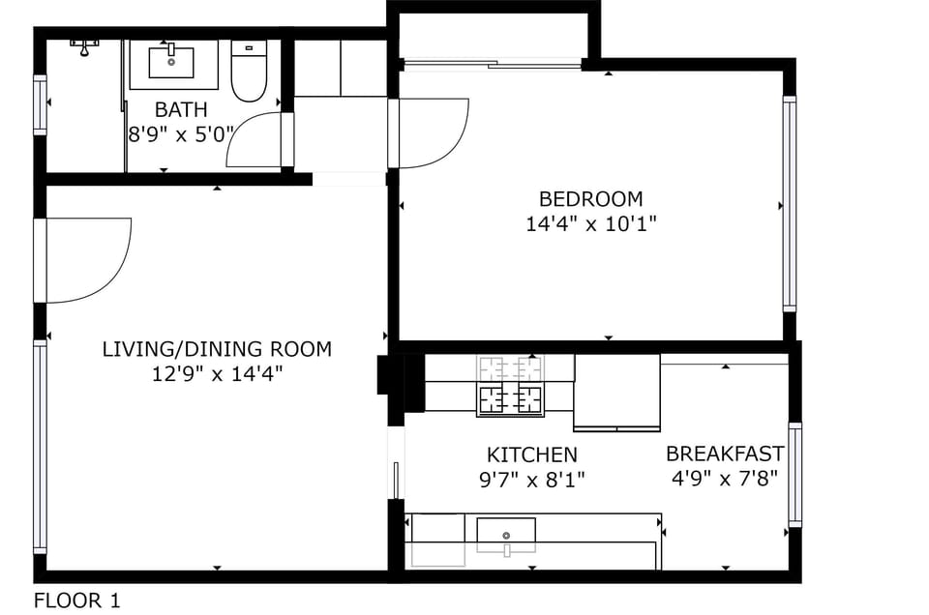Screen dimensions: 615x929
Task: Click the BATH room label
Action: click(181, 109)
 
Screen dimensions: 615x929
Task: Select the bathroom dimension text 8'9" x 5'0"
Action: click(181, 134)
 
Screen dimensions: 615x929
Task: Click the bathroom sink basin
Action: click(171, 62)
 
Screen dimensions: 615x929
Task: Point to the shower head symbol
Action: click(85, 44)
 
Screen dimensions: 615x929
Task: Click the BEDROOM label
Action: click(590, 199)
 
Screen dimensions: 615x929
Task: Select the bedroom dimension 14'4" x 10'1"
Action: click(590, 224)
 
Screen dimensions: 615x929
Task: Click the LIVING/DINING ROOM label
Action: click(217, 349)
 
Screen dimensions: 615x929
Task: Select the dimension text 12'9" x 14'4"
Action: click(217, 373)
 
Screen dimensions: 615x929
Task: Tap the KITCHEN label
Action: click(531, 454)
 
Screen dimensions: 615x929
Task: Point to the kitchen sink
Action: click(505, 534)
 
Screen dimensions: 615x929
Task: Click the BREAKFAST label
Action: click(725, 454)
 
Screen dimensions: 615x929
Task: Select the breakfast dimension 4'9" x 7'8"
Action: click(725, 478)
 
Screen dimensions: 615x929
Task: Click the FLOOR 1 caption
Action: click(77, 600)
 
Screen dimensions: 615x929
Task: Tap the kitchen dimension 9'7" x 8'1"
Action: click(531, 479)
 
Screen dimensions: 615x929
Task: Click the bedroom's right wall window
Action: click(790, 204)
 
